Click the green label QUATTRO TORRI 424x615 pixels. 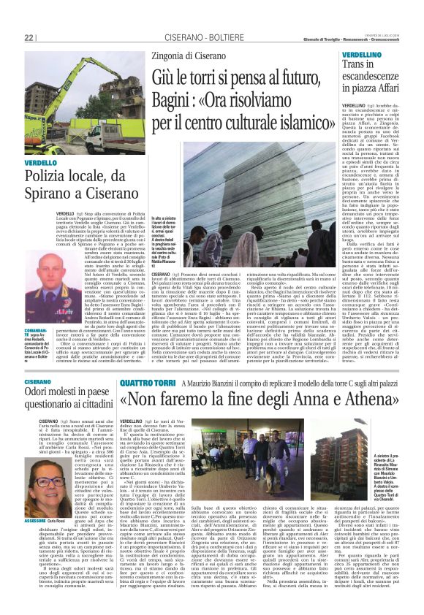pyautogui.click(x=146, y=381)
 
